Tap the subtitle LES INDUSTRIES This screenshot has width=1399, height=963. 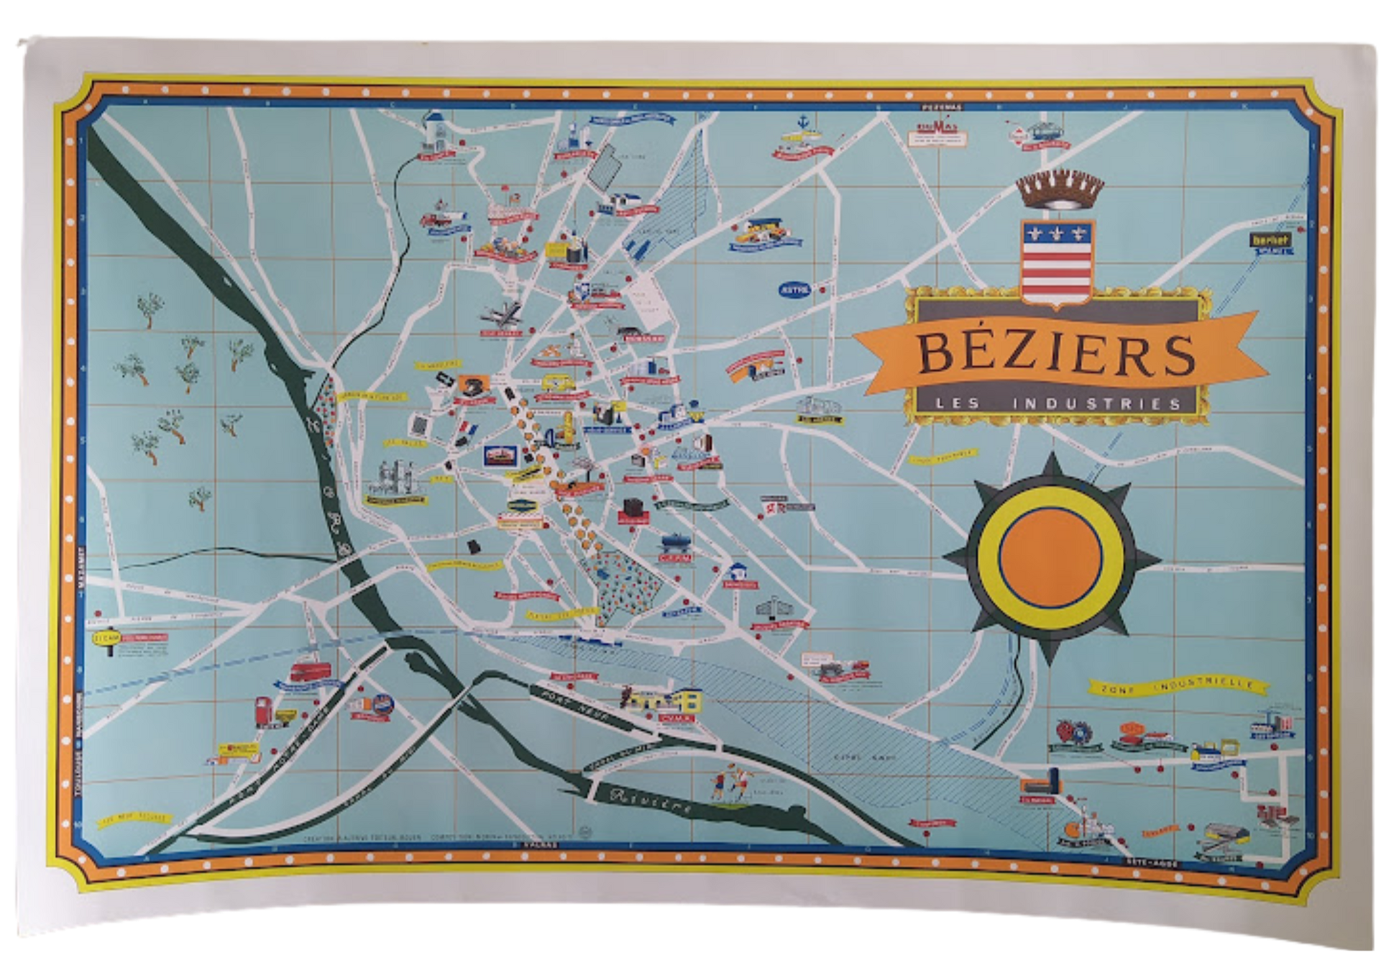click(x=1059, y=403)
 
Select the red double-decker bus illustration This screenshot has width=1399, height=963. click(x=310, y=672)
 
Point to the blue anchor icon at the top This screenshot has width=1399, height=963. click(x=799, y=122)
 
